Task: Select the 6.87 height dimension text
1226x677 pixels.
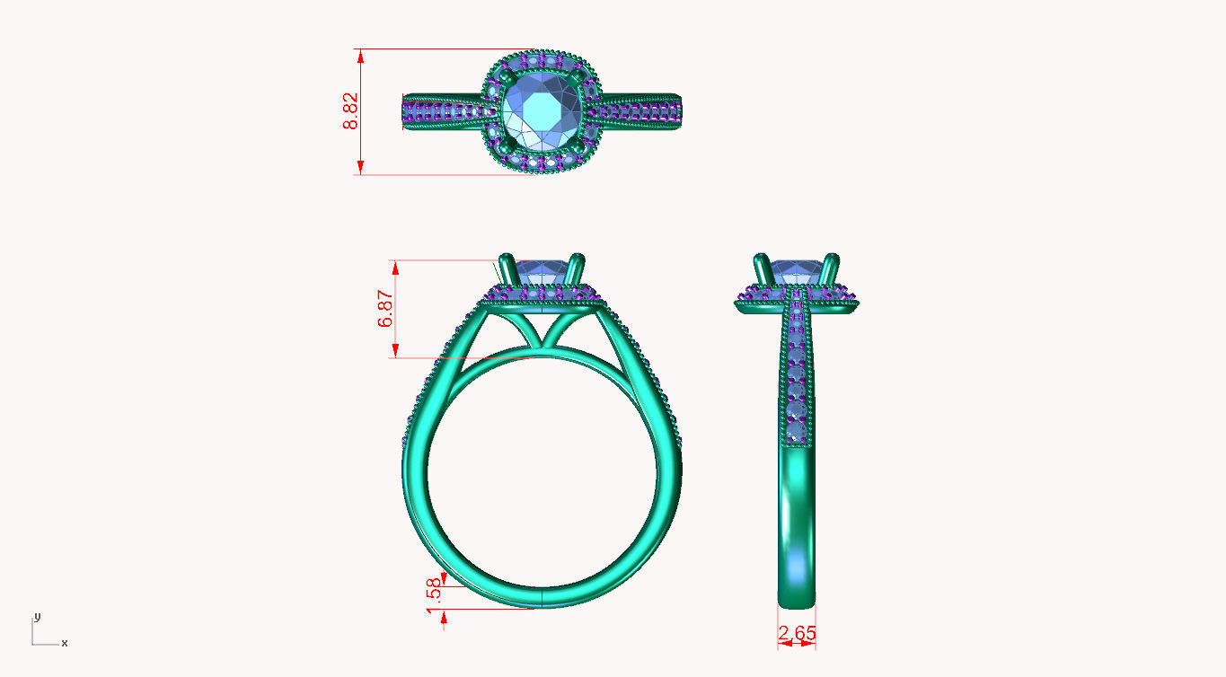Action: (386, 309)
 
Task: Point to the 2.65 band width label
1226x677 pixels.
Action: (797, 634)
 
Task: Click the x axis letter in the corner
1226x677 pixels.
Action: (64, 643)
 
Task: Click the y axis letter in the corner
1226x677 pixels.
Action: (37, 617)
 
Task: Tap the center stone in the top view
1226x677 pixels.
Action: (537, 112)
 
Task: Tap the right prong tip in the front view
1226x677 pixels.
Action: (577, 260)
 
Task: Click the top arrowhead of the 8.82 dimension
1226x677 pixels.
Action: (360, 54)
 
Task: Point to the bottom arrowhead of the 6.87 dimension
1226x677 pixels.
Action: (392, 352)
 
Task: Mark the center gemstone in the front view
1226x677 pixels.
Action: (541, 269)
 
